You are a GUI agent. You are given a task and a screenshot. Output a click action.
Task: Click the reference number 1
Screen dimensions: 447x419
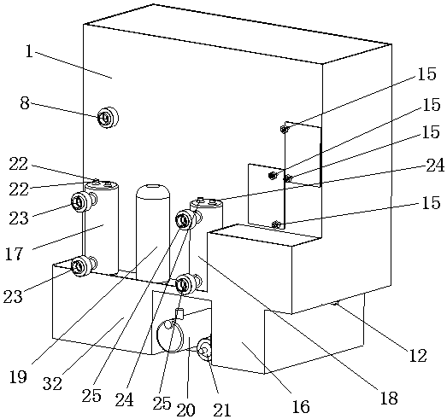(x=29, y=52)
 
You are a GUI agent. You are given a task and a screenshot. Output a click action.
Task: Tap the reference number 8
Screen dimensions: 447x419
(x=25, y=103)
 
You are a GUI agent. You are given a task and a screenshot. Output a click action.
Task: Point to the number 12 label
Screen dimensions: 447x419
(x=418, y=356)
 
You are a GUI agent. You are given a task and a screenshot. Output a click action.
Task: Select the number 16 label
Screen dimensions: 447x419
(x=301, y=406)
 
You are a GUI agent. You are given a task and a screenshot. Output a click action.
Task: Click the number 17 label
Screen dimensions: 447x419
(x=14, y=253)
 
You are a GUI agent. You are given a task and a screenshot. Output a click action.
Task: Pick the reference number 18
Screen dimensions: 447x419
(x=389, y=398)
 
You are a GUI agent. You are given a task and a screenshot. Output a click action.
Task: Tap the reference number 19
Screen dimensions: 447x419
(x=18, y=377)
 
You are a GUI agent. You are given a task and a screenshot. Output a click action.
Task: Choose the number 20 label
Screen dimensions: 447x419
(x=185, y=410)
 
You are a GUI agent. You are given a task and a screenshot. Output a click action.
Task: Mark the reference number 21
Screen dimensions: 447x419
(x=221, y=410)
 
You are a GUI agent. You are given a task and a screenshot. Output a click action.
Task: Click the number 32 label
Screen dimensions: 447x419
(x=52, y=384)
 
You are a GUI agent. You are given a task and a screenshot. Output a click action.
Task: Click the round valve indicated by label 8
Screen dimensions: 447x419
(x=108, y=118)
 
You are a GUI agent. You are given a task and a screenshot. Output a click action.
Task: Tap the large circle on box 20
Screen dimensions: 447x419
(x=157, y=335)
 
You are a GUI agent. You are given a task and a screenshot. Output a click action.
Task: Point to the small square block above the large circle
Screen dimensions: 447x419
(x=179, y=313)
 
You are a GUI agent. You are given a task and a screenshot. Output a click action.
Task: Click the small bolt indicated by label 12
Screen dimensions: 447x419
(x=335, y=304)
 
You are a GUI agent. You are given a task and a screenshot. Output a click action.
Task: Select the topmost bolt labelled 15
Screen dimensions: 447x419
(x=284, y=130)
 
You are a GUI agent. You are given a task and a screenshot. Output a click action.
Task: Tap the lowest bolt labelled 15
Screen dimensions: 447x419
(x=275, y=225)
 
